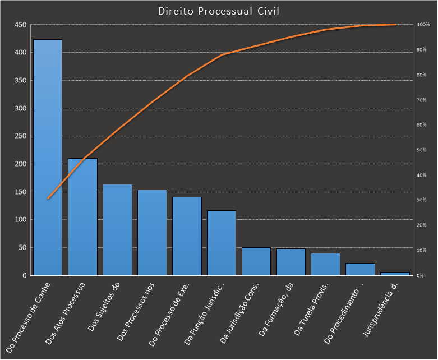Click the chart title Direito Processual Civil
tap(219, 11)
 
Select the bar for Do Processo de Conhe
tap(48, 157)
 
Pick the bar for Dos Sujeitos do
tap(117, 229)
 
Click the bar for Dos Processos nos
tap(152, 232)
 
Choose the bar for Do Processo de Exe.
tap(187, 236)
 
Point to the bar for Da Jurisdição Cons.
tap(256, 261)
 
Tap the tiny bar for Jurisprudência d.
tap(395, 274)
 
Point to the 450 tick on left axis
tap(21, 25)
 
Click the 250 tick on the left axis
tap(21, 136)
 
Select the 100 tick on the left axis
tap(21, 220)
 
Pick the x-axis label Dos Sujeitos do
tap(105, 308)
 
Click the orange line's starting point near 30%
tap(48, 199)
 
